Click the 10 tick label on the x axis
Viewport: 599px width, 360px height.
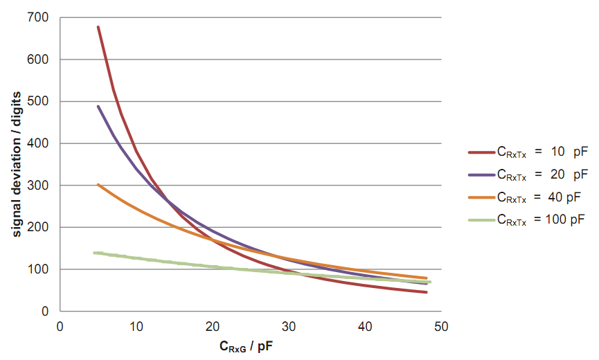136,326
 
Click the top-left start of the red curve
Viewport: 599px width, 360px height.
98,27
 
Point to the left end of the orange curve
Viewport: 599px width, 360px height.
98,185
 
